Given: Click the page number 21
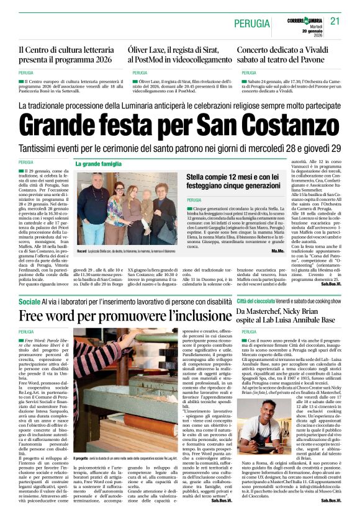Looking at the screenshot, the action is pyautogui.click(x=336, y=22).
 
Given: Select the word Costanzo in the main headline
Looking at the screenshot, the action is pyautogui.click(x=294, y=127).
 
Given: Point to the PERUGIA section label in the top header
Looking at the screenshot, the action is pyautogui.click(x=251, y=24).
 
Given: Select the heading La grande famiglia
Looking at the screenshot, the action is pyautogui.click(x=99, y=164).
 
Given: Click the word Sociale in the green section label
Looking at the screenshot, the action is pyautogui.click(x=29, y=301).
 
